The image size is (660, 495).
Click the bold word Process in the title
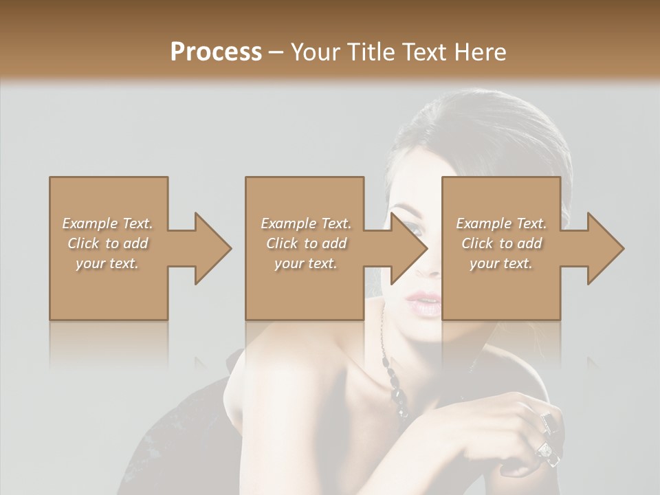point(216,52)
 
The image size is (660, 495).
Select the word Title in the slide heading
point(372,52)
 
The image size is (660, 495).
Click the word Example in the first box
point(89,223)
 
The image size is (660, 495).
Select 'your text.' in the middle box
point(306,264)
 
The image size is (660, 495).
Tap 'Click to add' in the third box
point(501,243)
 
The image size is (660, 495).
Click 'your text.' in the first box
point(107,264)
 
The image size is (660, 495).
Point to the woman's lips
point(425,303)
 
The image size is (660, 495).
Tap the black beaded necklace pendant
point(399,395)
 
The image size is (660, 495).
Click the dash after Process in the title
point(276,52)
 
